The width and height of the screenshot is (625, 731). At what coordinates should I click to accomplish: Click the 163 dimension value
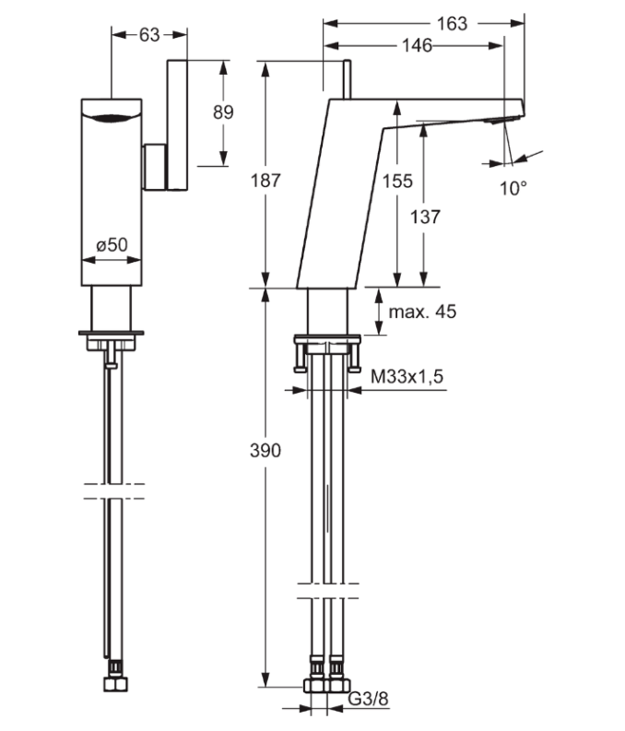[x=452, y=24]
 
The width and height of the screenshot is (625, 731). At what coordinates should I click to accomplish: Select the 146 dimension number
[x=417, y=46]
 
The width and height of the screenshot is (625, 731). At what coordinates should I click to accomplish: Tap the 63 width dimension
[x=149, y=35]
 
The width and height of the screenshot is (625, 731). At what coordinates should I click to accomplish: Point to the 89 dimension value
[x=223, y=112]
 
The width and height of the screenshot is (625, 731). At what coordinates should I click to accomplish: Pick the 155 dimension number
[x=397, y=182]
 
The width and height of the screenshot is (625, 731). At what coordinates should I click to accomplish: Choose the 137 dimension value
[x=425, y=218]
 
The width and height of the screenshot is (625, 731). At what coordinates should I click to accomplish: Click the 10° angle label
[x=513, y=189]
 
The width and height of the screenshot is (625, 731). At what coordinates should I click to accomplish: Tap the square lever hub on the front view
[x=154, y=167]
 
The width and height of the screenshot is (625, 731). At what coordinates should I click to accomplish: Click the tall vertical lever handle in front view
[x=178, y=124]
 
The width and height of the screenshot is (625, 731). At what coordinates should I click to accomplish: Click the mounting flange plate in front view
[x=112, y=332]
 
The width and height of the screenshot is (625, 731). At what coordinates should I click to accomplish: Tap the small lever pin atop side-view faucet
[x=348, y=77]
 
